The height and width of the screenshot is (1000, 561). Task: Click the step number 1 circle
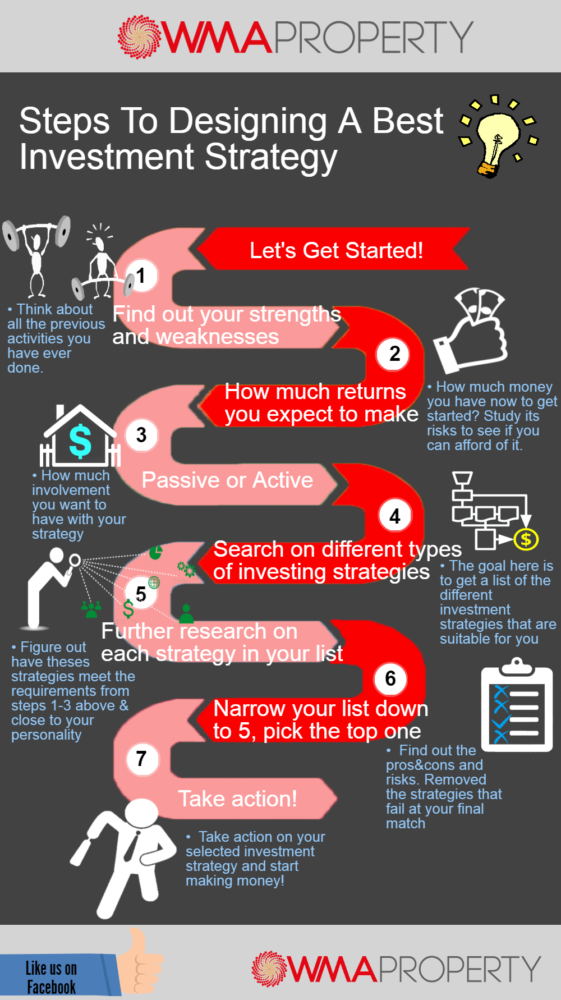(141, 276)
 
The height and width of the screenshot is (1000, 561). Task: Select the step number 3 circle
(141, 435)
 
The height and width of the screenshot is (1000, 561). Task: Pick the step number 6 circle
(390, 678)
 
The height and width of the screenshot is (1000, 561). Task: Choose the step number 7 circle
(141, 759)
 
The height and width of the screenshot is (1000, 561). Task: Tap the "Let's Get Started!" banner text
(336, 250)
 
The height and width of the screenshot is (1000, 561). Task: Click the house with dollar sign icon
(80, 436)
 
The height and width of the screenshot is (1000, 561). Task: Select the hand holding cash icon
(471, 331)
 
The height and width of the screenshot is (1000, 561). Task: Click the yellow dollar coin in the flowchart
(526, 539)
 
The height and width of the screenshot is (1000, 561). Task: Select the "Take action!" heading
(237, 799)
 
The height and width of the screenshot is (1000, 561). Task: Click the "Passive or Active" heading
(227, 480)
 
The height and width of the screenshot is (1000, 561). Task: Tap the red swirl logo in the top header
(139, 37)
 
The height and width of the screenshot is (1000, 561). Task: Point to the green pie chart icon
(156, 552)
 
